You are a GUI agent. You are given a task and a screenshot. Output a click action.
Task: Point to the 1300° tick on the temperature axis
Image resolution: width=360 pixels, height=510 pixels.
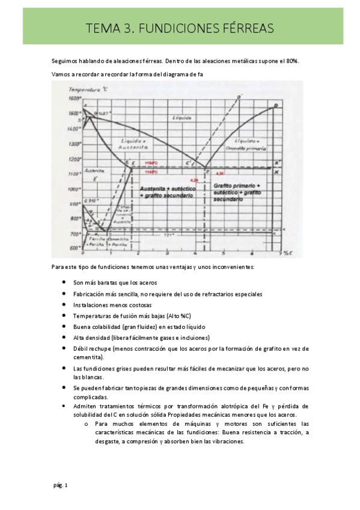point(74,144)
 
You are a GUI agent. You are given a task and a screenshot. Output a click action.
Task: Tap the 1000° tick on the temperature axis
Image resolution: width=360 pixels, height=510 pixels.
point(74,189)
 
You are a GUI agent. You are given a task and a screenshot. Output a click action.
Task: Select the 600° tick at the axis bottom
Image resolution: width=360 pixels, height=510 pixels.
point(74,248)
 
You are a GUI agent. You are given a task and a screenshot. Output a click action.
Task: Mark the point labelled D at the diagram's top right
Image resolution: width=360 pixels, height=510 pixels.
point(276,106)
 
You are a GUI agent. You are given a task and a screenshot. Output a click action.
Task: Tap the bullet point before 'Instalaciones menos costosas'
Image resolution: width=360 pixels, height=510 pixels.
point(64,304)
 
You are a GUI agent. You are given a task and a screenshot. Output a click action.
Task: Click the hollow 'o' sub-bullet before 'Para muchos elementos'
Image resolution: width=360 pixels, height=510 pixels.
point(87,423)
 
